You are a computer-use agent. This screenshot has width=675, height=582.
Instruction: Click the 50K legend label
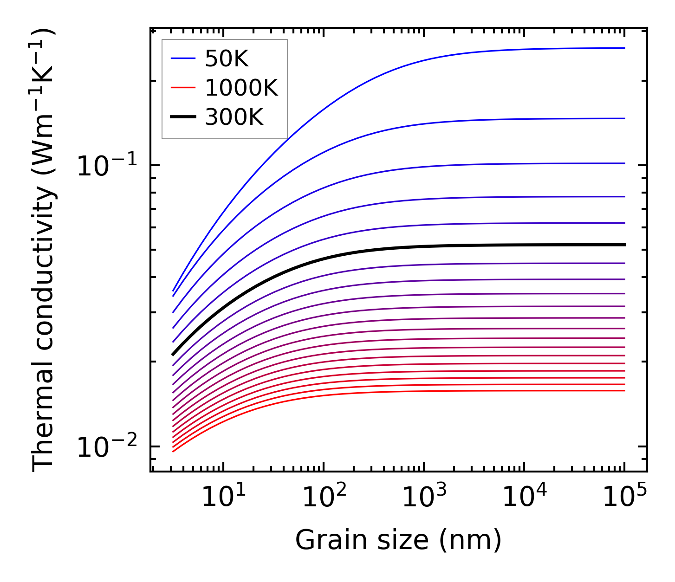coord(227,58)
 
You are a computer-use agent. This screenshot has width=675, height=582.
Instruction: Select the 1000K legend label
coord(241,88)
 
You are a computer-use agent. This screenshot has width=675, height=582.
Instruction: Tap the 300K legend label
coord(234,117)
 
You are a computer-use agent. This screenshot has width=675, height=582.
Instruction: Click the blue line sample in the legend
coord(183,58)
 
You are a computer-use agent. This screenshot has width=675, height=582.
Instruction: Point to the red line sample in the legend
coord(183,88)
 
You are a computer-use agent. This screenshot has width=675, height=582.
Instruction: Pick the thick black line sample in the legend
coord(183,117)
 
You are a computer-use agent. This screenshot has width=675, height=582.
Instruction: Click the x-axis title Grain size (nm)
coord(398,540)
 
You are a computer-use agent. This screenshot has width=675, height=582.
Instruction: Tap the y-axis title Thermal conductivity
coord(44,250)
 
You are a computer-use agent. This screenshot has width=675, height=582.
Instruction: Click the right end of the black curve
coord(624,245)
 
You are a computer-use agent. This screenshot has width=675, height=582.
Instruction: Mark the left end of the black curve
coord(173,355)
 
